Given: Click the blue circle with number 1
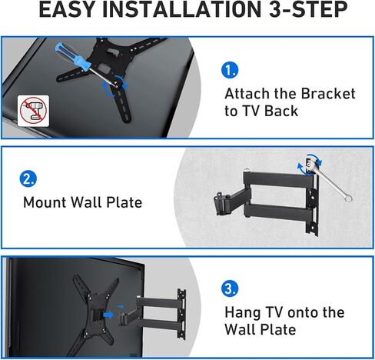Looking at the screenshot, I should click(229, 70).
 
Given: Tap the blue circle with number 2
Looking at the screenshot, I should click(28, 180).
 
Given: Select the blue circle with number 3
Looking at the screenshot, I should click(229, 289).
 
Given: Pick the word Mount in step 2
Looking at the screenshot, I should click(45, 203).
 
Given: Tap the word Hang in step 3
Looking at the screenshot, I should click(242, 312).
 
